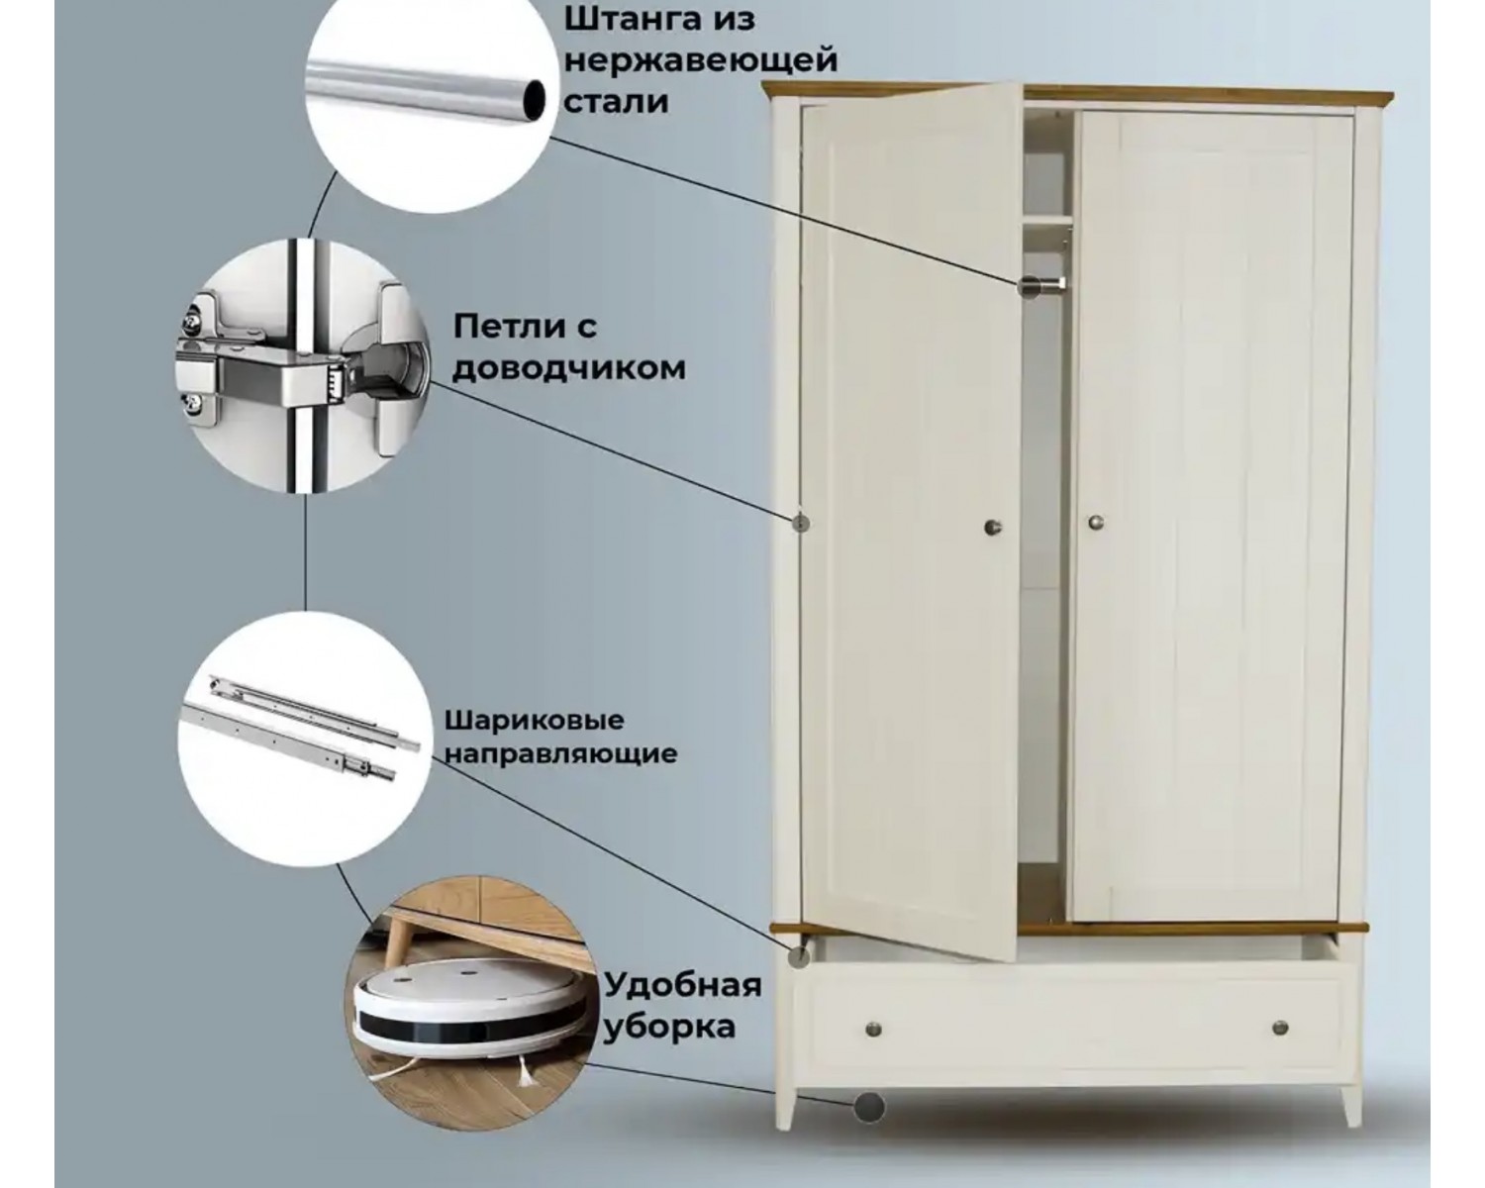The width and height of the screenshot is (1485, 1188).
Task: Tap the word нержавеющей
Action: [x=701, y=60]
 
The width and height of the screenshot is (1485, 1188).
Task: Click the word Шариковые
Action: [x=534, y=722]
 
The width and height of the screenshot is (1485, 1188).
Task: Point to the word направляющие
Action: [x=560, y=753]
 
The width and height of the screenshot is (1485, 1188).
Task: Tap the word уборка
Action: [x=669, y=1027]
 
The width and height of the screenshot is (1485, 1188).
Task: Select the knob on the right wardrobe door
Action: [x=1096, y=523]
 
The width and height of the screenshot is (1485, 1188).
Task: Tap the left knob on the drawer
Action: [x=873, y=1031]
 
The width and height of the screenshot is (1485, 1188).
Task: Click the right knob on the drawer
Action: [x=1280, y=1028]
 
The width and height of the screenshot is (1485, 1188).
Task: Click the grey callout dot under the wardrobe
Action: [x=869, y=1128]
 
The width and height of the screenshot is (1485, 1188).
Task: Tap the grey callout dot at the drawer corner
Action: [x=799, y=956]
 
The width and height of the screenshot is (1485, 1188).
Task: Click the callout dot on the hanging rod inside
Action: [x=1029, y=286]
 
